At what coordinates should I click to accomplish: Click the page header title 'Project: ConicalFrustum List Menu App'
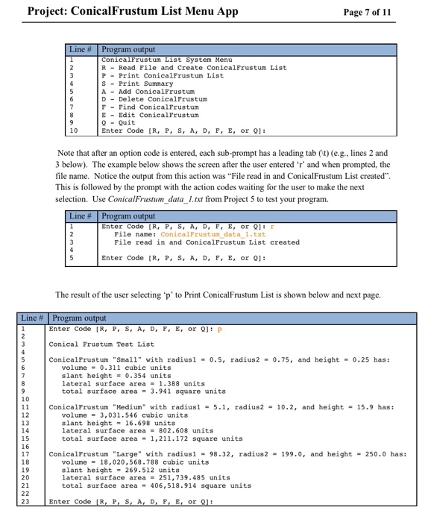pos(132,11)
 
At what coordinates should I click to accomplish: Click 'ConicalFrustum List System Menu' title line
pos(166,59)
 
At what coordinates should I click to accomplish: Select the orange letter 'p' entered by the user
pos(220,329)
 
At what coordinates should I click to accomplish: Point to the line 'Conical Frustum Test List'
pos(101,344)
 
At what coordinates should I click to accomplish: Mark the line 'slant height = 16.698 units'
pos(118,422)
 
